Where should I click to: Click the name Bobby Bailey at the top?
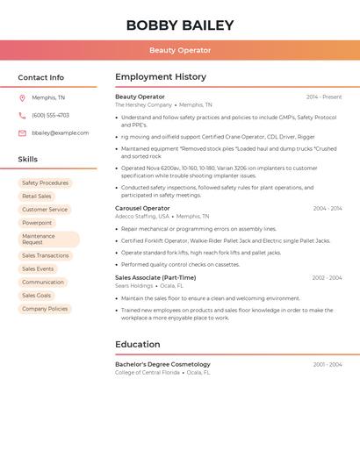pos(180,25)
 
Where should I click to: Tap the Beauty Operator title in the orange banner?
pos(180,50)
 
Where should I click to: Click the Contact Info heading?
pos(41,77)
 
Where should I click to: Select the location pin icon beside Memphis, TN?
pos(22,97)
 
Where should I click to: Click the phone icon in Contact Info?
pos(22,115)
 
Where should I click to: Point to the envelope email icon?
pos(22,132)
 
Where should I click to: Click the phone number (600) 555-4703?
pos(50,115)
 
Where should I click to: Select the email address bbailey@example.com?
pos(60,132)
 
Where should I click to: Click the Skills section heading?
pos(28,159)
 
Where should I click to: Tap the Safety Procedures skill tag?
pos(45,182)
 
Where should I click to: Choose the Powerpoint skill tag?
pos(37,223)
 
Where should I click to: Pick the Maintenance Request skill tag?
pos(39,239)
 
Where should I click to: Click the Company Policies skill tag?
pos(45,309)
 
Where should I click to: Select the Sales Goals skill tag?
pos(37,296)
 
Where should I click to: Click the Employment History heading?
pos(161,77)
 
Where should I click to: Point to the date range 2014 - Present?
pos(324,97)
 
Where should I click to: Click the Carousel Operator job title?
pos(142,208)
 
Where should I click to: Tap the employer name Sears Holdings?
pos(133,285)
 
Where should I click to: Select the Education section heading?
pos(138,344)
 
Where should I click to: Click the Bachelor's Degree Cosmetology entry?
pos(162,364)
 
